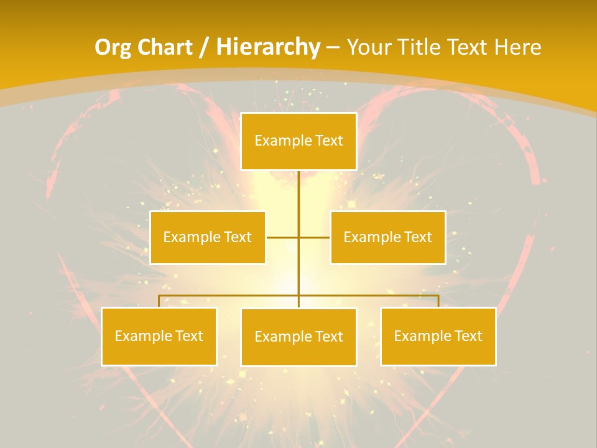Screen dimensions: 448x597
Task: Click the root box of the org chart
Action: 298,141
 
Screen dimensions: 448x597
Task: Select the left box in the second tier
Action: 208,238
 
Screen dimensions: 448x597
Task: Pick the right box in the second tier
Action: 387,238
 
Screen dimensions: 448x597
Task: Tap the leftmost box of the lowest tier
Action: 159,337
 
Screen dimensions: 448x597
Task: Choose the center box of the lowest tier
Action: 298,337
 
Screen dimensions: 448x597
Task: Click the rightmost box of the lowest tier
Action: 438,337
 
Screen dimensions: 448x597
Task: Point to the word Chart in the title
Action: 165,48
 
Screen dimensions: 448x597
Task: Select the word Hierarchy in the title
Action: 267,48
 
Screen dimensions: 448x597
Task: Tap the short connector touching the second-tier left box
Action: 282,238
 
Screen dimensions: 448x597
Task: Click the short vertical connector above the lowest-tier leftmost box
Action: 159,301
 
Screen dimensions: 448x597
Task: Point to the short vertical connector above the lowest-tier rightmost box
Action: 438,301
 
